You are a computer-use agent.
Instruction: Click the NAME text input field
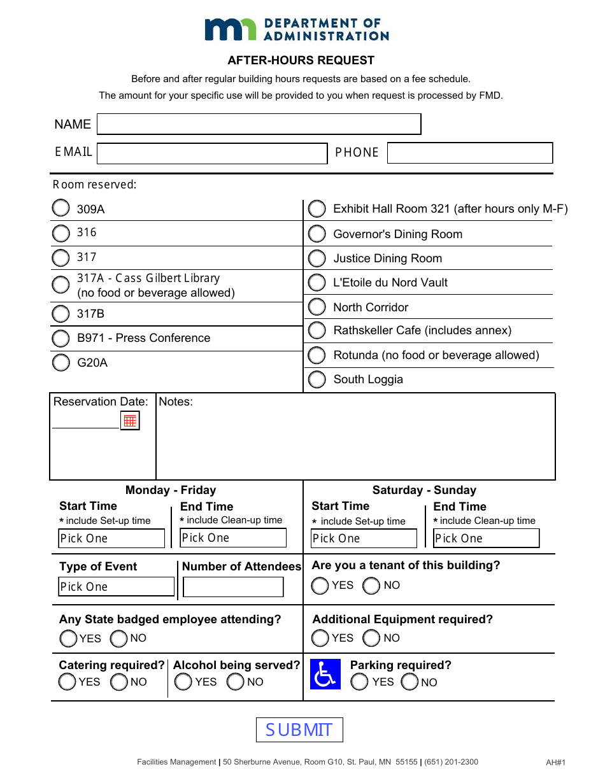[x=259, y=124]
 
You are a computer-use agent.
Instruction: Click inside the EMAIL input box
[x=211, y=153]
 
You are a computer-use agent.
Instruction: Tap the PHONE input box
[x=469, y=153]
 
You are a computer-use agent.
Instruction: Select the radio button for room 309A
[x=60, y=208]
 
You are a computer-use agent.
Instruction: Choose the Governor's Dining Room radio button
[x=317, y=234]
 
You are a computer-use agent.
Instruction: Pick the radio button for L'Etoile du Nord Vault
[x=317, y=283]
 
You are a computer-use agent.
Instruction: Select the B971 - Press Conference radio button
[x=60, y=338]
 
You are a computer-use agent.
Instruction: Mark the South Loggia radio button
[x=317, y=379]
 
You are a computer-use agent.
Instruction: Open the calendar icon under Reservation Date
[x=130, y=420]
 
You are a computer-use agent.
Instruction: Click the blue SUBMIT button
[x=299, y=730]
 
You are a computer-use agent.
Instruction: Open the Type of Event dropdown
[x=116, y=586]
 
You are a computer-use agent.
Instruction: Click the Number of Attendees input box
[x=233, y=587]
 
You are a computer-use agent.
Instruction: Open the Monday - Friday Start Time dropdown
[x=111, y=539]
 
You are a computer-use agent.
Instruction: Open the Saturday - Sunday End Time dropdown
[x=486, y=539]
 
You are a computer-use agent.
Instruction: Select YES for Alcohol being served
[x=183, y=682]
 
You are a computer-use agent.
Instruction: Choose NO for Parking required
[x=410, y=682]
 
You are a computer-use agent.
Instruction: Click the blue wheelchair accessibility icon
[x=325, y=674]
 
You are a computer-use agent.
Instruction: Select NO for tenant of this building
[x=371, y=586]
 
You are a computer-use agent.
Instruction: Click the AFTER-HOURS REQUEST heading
[x=301, y=60]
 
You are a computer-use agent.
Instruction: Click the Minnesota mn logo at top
[x=230, y=29]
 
